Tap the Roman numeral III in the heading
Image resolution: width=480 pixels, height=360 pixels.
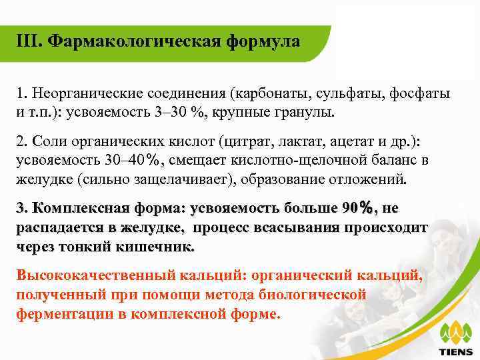pyautogui.click(x=27, y=41)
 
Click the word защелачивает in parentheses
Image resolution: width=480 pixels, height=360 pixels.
pyautogui.click(x=172, y=179)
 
